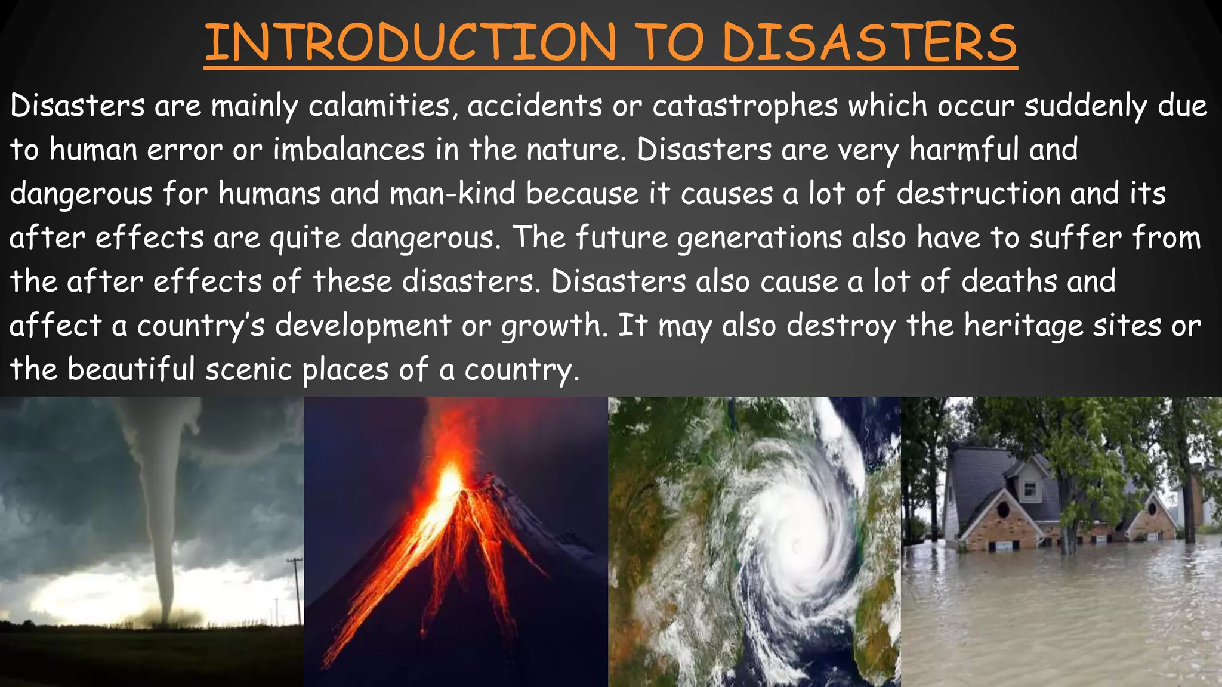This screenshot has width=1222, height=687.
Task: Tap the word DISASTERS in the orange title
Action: click(x=869, y=43)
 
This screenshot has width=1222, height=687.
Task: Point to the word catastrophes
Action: click(x=745, y=106)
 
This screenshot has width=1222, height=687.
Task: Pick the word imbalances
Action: click(x=349, y=150)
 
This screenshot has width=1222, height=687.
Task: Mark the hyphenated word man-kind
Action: click(x=452, y=194)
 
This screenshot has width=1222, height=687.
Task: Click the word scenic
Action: click(x=249, y=370)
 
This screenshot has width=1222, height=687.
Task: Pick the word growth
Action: click(x=551, y=326)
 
